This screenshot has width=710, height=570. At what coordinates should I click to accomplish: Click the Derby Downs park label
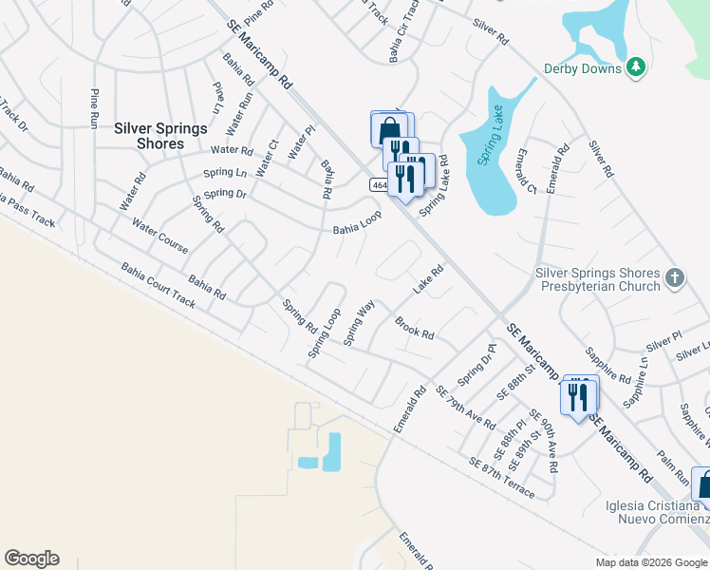[x=582, y=67]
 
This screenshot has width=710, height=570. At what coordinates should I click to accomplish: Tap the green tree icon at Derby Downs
[x=636, y=66]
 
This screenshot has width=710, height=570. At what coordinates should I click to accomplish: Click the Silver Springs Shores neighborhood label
[x=149, y=134]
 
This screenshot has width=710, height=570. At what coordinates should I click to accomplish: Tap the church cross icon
[x=674, y=278]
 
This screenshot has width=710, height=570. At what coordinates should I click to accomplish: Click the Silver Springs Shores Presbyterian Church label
[x=597, y=279]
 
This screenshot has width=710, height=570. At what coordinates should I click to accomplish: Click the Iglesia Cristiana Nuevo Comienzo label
[x=657, y=511]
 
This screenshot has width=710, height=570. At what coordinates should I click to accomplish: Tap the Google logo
[x=31, y=559]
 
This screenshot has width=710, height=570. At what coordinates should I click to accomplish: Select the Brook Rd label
[x=415, y=328]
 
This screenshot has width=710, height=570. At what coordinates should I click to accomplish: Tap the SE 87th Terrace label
[x=502, y=478]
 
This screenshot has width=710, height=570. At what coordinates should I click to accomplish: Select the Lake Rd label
[x=428, y=279]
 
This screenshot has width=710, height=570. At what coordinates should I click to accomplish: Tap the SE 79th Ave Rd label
[x=464, y=407]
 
